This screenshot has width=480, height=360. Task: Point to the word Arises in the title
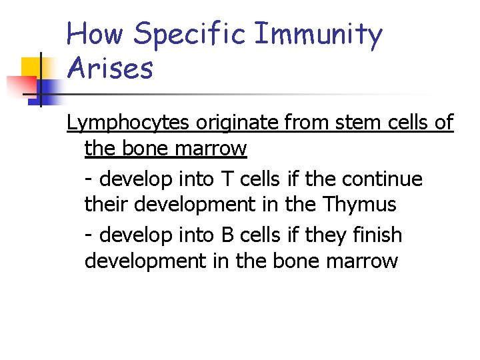tap(110, 68)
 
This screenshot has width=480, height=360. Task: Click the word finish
tap(378, 235)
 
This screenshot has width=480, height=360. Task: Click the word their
tap(107, 204)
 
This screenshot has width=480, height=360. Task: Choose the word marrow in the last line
tap(365, 260)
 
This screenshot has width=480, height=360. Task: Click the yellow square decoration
tap(33, 68)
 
